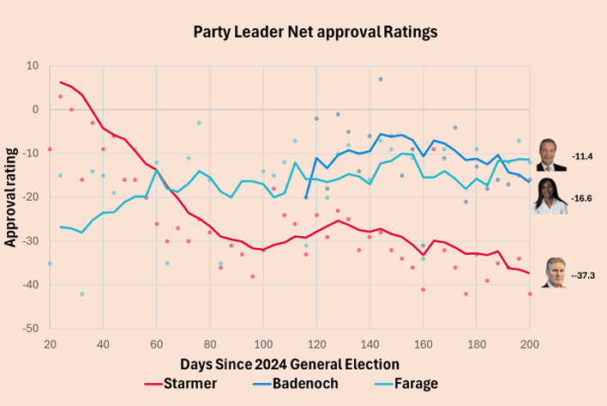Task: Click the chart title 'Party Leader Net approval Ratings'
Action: pyautogui.click(x=316, y=32)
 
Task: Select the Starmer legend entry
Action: pyautogui.click(x=180, y=384)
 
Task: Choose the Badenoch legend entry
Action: pyautogui.click(x=296, y=384)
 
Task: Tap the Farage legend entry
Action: pyautogui.click(x=406, y=384)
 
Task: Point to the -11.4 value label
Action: pyautogui.click(x=582, y=156)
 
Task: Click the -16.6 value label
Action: pyautogui.click(x=581, y=199)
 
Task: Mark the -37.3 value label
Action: pyautogui.click(x=583, y=276)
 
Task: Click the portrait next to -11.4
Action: pyautogui.click(x=551, y=155)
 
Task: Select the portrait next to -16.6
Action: pyautogui.click(x=550, y=196)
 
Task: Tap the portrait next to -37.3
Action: pyautogui.click(x=555, y=273)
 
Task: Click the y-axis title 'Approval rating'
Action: pyautogui.click(x=10, y=197)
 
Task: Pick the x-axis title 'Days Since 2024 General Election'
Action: pyautogui.click(x=290, y=365)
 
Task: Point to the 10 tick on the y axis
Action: pyautogui.click(x=33, y=66)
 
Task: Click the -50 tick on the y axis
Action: pyautogui.click(x=30, y=329)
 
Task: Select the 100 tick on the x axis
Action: pyautogui.click(x=263, y=344)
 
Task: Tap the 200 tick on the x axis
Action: pyautogui.click(x=530, y=344)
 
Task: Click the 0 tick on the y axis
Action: pyautogui.click(x=36, y=110)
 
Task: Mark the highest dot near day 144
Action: pyautogui.click(x=381, y=79)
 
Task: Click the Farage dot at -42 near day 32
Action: pyautogui.click(x=82, y=294)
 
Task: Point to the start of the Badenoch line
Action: pyautogui.click(x=306, y=197)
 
